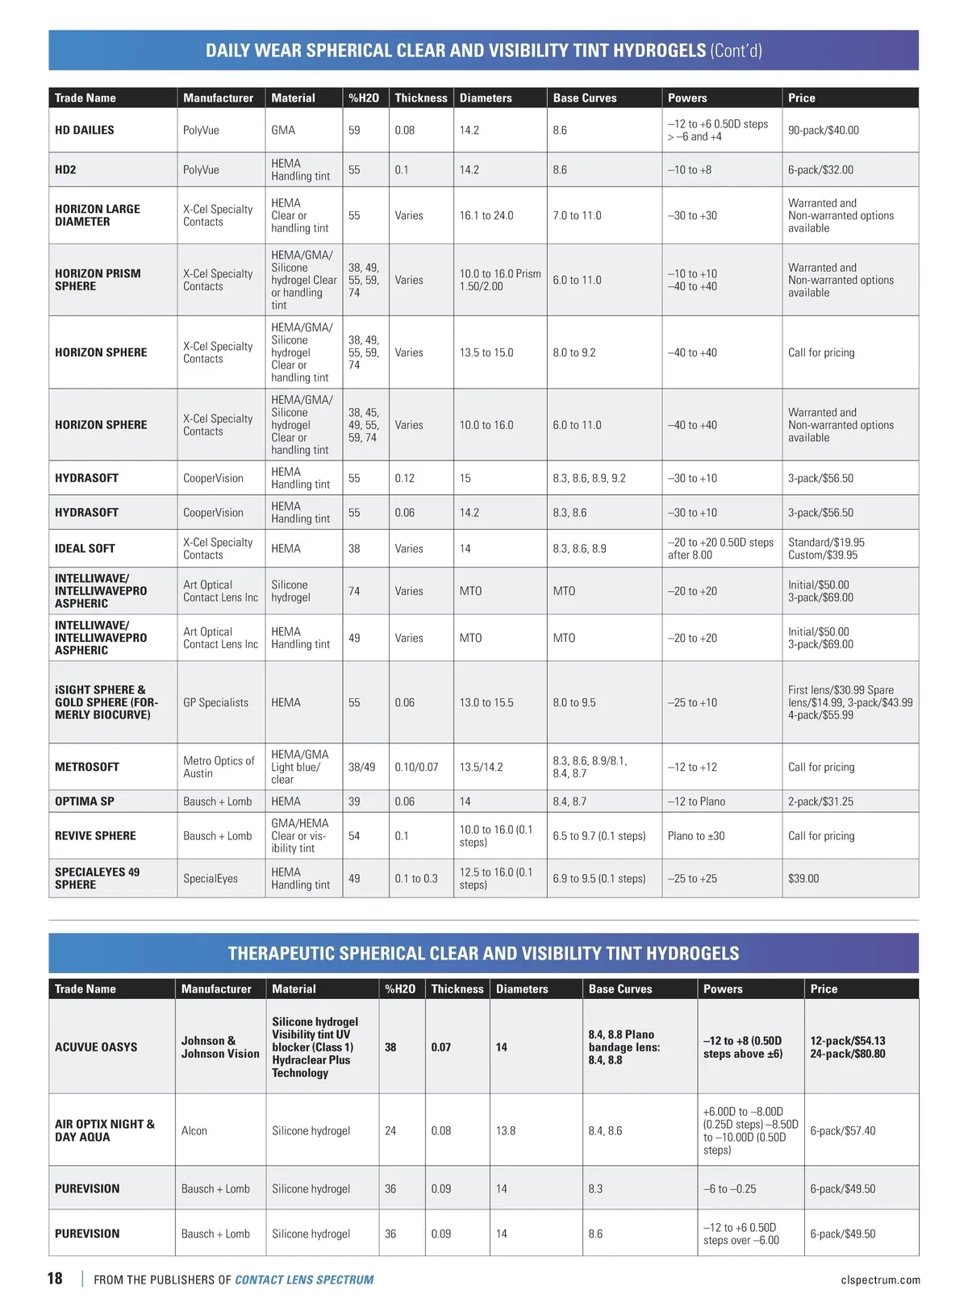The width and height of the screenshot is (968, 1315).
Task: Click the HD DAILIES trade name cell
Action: [x=85, y=130]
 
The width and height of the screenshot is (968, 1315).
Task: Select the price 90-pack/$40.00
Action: [x=823, y=130]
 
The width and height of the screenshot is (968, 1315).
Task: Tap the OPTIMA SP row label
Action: [x=85, y=801]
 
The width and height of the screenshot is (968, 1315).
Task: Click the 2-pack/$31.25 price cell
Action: [x=820, y=801]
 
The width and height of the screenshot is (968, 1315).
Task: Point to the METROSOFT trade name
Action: [x=87, y=767]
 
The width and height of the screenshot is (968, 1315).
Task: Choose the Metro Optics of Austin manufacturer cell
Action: [x=219, y=767]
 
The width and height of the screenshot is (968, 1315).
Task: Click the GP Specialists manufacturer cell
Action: [x=215, y=702]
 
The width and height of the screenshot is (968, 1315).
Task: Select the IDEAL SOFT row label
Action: [x=85, y=548]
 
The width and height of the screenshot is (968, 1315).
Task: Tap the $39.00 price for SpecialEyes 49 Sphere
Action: [x=803, y=878]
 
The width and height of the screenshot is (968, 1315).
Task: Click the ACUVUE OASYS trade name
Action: [x=96, y=1047]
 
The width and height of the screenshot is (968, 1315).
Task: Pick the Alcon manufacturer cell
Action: [x=194, y=1130]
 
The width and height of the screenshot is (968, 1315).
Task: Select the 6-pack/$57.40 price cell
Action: [x=842, y=1130]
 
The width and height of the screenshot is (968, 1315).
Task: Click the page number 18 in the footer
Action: [x=55, y=1278]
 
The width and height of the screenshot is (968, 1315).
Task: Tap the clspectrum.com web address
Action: [x=880, y=1280]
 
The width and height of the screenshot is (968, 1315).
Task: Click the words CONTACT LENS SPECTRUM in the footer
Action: [x=304, y=1280]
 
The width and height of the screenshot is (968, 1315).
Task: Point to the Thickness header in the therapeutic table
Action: [x=457, y=988]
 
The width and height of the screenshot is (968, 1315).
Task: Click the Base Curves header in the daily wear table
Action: [x=585, y=98]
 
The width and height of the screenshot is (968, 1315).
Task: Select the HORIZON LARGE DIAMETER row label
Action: [x=98, y=215]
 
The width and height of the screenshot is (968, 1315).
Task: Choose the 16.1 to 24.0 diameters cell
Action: [x=486, y=215]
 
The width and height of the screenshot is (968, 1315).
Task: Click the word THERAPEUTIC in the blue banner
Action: [x=282, y=953]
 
